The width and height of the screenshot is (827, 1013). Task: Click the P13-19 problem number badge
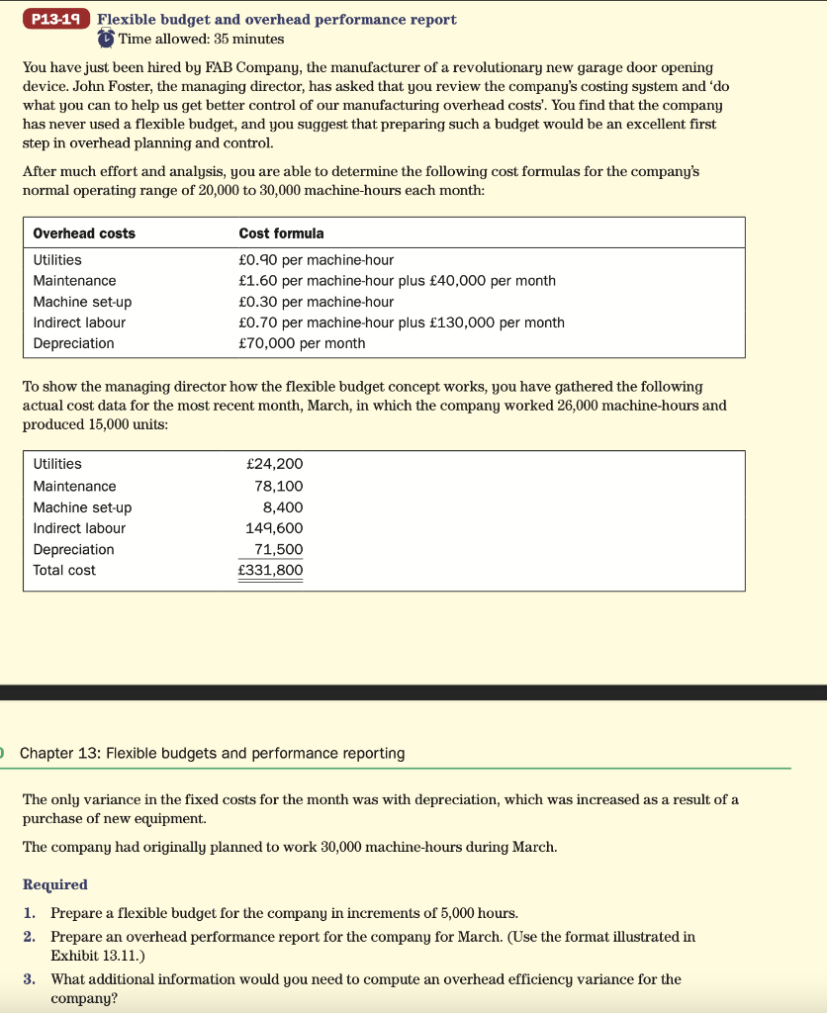click(x=57, y=19)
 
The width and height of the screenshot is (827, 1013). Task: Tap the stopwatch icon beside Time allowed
click(x=106, y=39)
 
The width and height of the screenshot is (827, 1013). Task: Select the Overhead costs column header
click(x=84, y=233)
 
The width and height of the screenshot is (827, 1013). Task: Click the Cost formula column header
click(x=281, y=233)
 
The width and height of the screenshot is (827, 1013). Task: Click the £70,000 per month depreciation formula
click(x=302, y=343)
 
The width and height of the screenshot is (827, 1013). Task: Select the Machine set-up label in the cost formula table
click(x=82, y=302)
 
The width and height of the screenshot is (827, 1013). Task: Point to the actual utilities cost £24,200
click(x=274, y=464)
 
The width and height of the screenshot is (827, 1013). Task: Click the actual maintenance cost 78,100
click(x=279, y=486)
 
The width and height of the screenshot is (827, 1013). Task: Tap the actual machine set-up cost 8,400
click(x=283, y=507)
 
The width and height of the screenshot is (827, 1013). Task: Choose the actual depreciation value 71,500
click(x=279, y=549)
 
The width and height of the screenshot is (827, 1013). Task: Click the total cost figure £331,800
click(x=271, y=571)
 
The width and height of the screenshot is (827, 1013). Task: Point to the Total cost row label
click(x=64, y=571)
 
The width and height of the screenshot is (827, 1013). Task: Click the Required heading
click(x=55, y=884)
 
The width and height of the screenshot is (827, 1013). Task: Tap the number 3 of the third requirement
click(x=29, y=979)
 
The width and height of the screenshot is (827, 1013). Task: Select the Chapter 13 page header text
click(x=212, y=754)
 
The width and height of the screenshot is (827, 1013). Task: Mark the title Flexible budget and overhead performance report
click(x=277, y=20)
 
